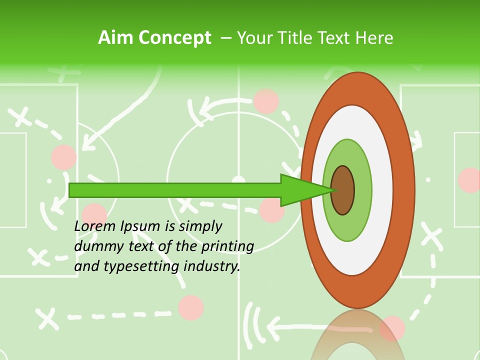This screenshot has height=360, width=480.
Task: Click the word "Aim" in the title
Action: [x=115, y=38]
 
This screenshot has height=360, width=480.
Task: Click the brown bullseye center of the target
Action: [x=343, y=190]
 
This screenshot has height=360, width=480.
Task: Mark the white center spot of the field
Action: [x=239, y=180]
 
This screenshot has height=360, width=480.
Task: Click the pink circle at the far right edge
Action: [x=470, y=180]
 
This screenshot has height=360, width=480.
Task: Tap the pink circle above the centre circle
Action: [x=266, y=101]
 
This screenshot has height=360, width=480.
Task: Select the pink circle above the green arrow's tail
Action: [x=64, y=157]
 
